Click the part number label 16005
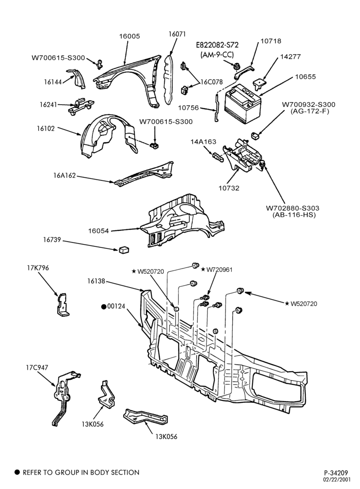tap(130, 36)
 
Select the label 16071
tap(177, 34)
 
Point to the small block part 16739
tap(124, 249)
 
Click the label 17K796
tap(38, 268)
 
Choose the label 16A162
tap(65, 176)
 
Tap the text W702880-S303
tap(292, 208)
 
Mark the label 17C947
tap(37, 368)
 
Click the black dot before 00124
tap(103, 307)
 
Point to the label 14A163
tap(203, 142)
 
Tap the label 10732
tap(229, 188)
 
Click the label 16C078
tap(211, 82)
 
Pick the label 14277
tap(291, 57)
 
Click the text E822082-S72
tap(217, 45)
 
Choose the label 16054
tap(99, 231)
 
